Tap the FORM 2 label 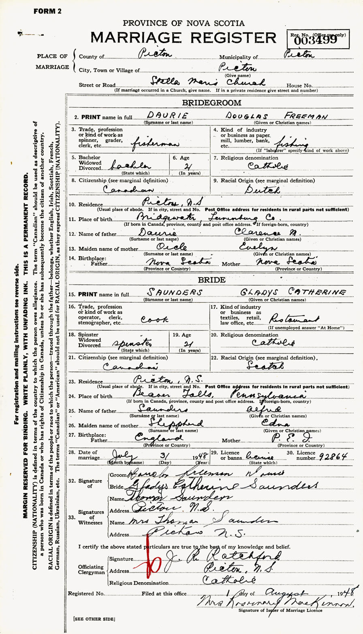point(47,11)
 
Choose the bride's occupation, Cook point(154,319)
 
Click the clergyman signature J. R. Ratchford point(227,555)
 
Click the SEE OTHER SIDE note point(94,619)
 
